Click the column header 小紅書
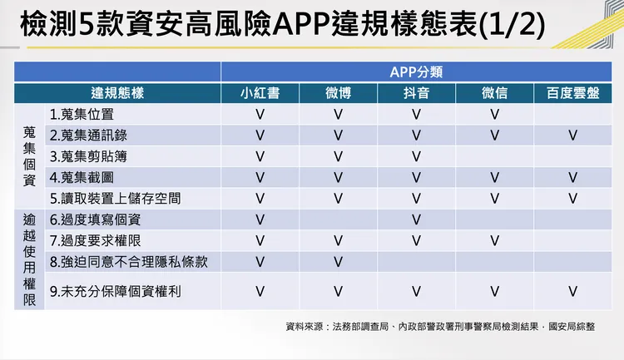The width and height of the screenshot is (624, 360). [260, 93]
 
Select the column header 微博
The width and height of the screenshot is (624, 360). [338, 93]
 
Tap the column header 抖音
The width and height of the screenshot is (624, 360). [416, 93]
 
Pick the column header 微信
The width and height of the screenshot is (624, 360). [494, 93]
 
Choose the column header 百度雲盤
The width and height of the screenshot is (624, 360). [572, 93]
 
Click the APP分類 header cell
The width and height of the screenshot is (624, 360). [416, 72]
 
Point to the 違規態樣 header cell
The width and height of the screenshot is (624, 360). [117, 93]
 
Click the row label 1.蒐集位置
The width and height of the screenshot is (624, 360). [81, 114]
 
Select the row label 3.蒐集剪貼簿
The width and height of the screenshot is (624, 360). [88, 155]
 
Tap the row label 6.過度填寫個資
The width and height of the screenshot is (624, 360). [95, 219]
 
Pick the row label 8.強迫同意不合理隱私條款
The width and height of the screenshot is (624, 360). [127, 262]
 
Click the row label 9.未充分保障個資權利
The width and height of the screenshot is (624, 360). [115, 291]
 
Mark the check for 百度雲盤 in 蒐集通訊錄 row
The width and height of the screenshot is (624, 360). [572, 135]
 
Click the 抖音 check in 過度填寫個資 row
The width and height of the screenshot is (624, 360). [416, 219]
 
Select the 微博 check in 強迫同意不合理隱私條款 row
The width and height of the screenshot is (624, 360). [338, 262]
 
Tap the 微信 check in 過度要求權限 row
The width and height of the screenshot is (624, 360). [494, 240]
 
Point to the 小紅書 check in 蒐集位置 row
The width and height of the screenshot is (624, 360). [260, 114]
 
